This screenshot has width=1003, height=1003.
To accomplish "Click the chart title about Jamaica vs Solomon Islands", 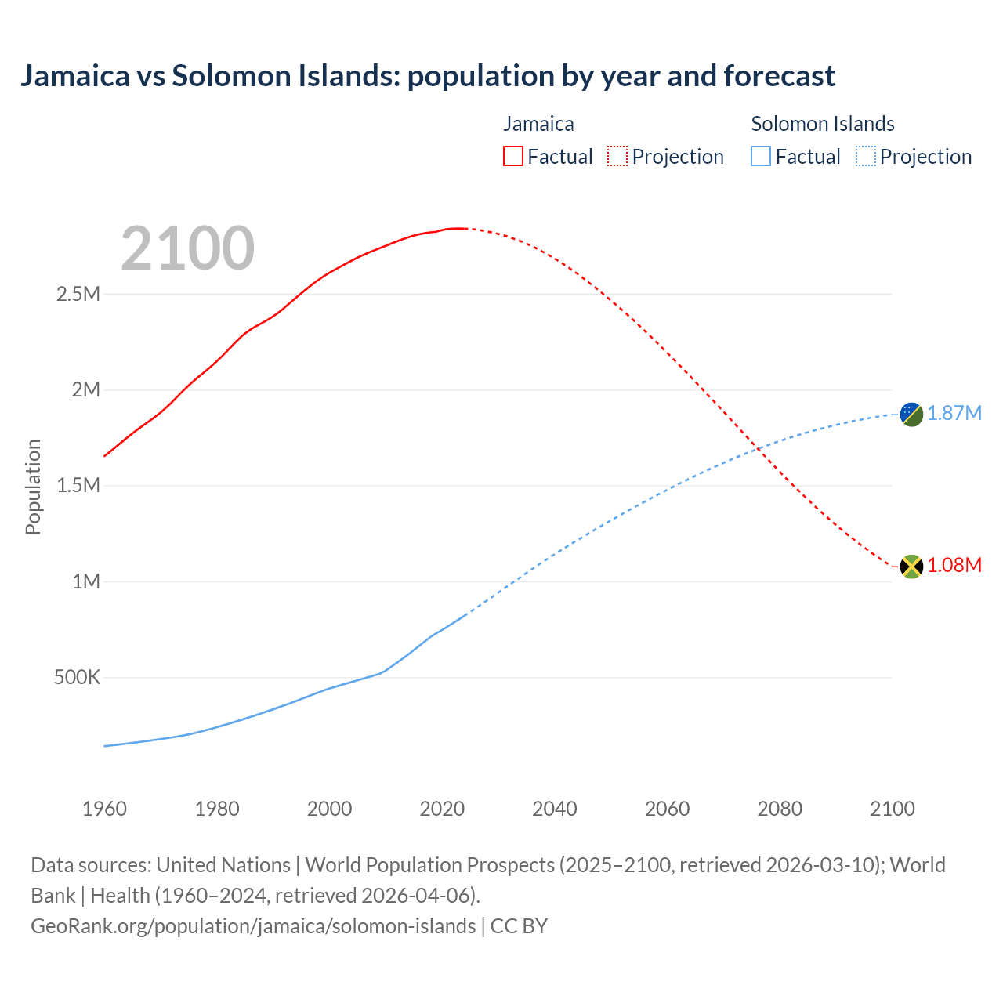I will coord(428,76).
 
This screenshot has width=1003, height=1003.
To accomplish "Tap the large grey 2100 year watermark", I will coord(187,248).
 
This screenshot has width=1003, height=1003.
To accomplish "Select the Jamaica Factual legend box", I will coord(512,156).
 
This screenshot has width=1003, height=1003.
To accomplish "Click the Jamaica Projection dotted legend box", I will coord(617,156).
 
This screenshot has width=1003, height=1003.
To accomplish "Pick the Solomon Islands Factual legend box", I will coord(760,156).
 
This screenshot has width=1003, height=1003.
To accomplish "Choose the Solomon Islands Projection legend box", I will coord(865,156).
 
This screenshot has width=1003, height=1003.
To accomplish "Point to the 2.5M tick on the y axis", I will coord(78,295).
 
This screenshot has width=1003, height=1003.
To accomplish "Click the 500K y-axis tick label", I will coord(77,678).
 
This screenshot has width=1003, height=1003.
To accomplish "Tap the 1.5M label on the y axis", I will coord(78,486).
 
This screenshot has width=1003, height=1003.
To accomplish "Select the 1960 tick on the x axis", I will coord(104,809).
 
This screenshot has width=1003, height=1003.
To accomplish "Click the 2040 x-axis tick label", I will coord(555,809).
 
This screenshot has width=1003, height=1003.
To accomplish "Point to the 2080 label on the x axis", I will coord(780,809).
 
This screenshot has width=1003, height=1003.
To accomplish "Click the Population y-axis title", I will coord(33,487).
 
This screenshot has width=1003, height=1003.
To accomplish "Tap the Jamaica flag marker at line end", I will coord(911,566).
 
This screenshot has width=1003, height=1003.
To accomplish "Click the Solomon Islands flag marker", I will coord(911,414).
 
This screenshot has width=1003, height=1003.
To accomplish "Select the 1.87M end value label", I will coord(954,414).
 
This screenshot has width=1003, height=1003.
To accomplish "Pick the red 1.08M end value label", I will coord(954,566).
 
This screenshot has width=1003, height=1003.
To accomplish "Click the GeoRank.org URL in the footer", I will coord(253,926).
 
